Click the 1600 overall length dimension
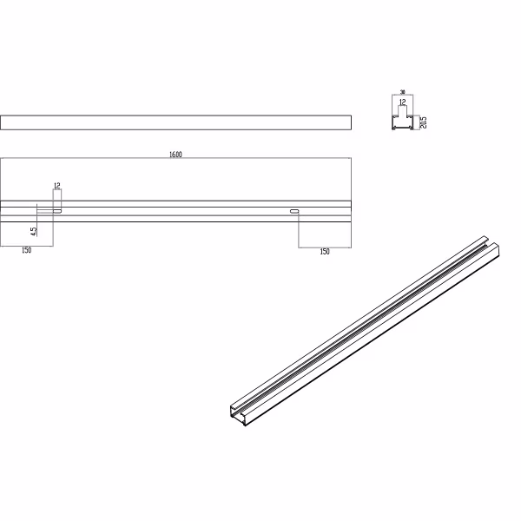point(175,155)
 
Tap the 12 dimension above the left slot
point(56,186)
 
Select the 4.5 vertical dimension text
point(33,231)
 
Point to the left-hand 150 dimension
point(26,251)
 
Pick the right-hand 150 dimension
point(325,251)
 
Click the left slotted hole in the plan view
point(57,210)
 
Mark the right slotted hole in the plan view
point(295,210)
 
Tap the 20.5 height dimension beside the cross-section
point(423,122)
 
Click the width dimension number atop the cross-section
point(402,91)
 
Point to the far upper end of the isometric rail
point(489,241)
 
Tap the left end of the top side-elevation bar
point(3,122)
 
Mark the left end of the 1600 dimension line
point(2,159)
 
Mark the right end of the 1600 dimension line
point(350,159)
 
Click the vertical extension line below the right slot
point(299,230)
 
